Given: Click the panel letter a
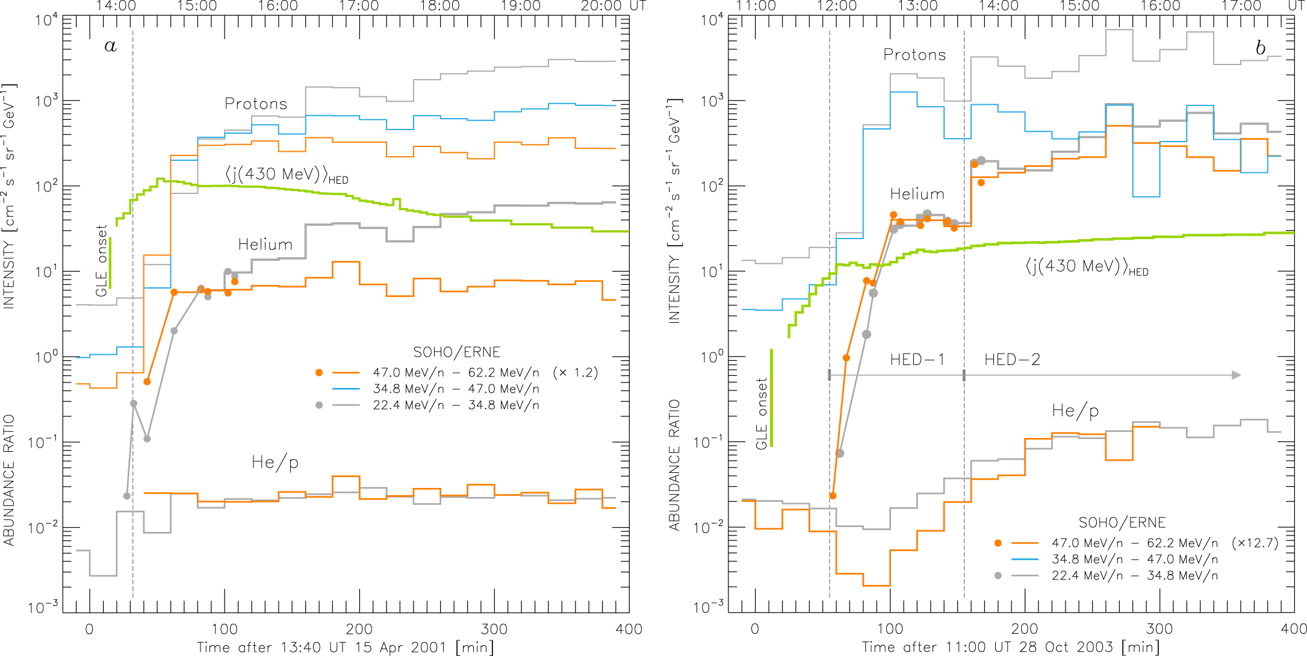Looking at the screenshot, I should point(110,46).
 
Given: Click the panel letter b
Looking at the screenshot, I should point(1260,48).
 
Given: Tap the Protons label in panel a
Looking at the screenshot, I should point(256,104).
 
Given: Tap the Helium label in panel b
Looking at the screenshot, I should point(917,194).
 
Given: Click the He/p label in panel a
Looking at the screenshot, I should point(275,463).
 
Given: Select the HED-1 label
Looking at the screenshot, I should point(917,360).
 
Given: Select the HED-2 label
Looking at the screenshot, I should point(1012,360).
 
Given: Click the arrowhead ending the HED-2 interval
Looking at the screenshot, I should point(1236,375).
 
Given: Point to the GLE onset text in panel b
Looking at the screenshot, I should point(762,413).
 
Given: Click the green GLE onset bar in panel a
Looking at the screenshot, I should point(110,263).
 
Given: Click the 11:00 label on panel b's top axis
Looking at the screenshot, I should point(756,6).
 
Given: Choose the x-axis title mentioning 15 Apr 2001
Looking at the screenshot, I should point(345,648).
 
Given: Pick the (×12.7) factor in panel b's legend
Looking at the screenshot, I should point(1255,543).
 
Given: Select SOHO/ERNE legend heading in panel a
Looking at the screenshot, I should point(456,352).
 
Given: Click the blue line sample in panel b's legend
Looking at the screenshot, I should point(1025,559).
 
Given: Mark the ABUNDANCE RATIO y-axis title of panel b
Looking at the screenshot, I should point(674,465).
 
